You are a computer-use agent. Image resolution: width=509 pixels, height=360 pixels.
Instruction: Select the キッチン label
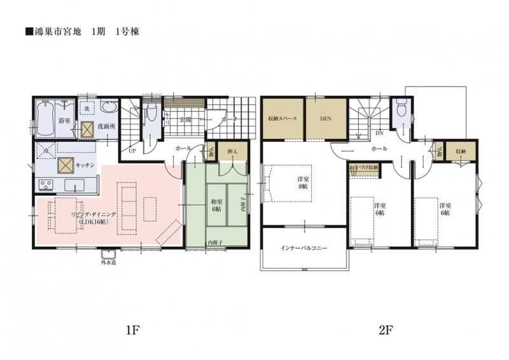coord(85,165)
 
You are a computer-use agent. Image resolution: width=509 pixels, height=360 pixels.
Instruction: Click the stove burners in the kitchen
coord(46,185)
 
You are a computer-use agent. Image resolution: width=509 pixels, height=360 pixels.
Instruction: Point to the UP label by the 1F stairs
coord(132,152)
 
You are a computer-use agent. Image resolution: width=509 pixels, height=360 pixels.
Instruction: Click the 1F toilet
coord(150,114)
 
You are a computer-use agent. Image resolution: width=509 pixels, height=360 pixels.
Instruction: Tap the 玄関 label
coord(185,119)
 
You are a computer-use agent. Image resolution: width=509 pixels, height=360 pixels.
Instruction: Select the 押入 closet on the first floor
coord(232,152)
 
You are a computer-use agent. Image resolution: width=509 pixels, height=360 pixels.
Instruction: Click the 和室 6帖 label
coord(217,205)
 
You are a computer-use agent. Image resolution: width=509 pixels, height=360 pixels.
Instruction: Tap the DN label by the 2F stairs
coord(379,134)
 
